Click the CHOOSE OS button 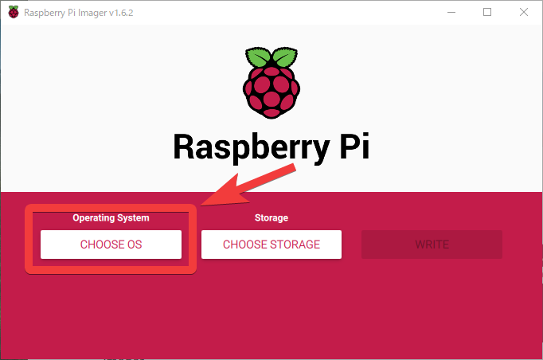pyautogui.click(x=111, y=245)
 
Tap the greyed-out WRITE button pyautogui.click(x=432, y=245)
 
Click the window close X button pyautogui.click(x=524, y=12)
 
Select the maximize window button pyautogui.click(x=487, y=12)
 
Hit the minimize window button pyautogui.click(x=451, y=13)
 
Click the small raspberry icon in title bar pyautogui.click(x=14, y=12)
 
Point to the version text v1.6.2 pyautogui.click(x=121, y=13)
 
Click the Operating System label pyautogui.click(x=111, y=218)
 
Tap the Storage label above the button pyautogui.click(x=271, y=218)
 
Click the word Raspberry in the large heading pyautogui.click(x=252, y=147)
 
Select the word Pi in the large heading pyautogui.click(x=354, y=146)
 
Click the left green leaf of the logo pyautogui.click(x=258, y=57)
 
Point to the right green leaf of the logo pyautogui.click(x=285, y=57)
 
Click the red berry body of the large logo pyautogui.click(x=271, y=92)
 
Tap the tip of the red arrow pyautogui.click(x=201, y=205)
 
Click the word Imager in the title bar pyautogui.click(x=92, y=14)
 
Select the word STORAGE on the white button pyautogui.click(x=295, y=245)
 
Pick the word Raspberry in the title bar pyautogui.click(x=45, y=14)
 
